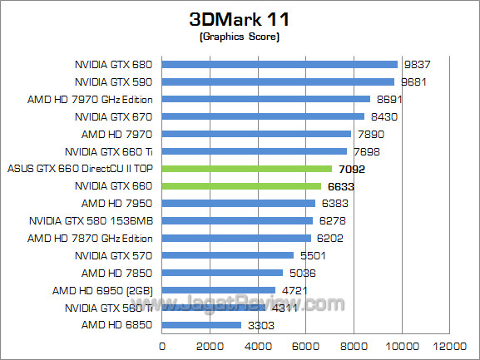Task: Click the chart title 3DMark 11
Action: pos(240,19)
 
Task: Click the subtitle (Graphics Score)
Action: pos(240,37)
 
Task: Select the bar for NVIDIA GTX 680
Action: pos(280,64)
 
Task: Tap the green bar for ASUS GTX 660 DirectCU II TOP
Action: pos(246,168)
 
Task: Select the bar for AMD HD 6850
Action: pos(201,324)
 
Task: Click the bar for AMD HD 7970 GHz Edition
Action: pos(265,99)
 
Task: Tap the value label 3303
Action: pos(258,325)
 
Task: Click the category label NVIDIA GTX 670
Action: pos(114,116)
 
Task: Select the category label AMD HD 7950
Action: pos(117,203)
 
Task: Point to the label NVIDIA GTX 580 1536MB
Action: pos(91,220)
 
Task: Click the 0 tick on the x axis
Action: pos(161,346)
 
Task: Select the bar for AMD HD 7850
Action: pos(222,272)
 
